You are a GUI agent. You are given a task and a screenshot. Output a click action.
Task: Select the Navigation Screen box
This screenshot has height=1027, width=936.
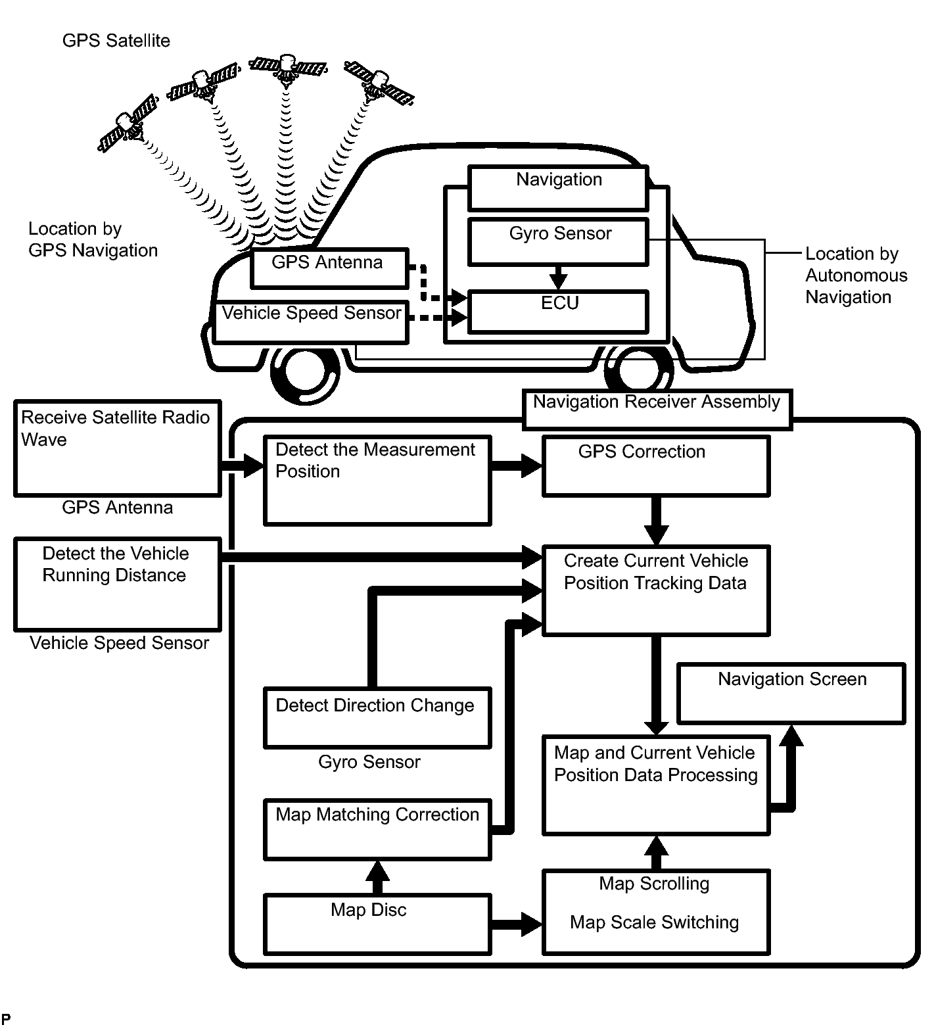(x=791, y=693)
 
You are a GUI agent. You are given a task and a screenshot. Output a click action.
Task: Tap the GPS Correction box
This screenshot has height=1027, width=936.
(x=655, y=467)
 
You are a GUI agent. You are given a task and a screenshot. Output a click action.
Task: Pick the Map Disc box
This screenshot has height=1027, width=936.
(x=377, y=923)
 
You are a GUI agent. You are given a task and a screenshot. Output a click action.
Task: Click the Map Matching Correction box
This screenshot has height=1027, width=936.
(x=377, y=829)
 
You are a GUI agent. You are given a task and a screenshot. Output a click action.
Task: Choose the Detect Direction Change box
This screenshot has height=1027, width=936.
(x=377, y=717)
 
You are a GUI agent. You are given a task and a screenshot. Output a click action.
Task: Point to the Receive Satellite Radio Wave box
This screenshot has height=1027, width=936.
(x=117, y=448)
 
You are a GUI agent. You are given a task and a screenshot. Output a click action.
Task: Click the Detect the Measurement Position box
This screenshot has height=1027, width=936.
(x=377, y=481)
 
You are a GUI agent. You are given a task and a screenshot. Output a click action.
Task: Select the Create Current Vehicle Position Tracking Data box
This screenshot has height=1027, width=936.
(x=655, y=590)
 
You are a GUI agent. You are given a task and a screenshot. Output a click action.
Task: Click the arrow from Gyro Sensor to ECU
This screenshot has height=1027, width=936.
(x=558, y=277)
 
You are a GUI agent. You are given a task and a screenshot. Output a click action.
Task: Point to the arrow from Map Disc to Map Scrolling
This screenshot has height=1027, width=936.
(x=517, y=923)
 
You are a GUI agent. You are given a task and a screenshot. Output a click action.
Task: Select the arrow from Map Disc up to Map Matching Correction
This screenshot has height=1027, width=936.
(x=377, y=876)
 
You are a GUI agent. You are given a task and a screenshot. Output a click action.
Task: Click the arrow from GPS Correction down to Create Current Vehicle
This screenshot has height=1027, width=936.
(x=655, y=521)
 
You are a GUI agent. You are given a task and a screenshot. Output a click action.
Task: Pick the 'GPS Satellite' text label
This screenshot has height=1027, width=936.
(x=116, y=41)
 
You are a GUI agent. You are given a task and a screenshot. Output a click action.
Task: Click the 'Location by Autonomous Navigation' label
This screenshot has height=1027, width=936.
(x=856, y=275)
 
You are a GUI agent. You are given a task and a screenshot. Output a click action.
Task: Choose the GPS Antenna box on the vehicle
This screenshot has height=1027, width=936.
(x=329, y=268)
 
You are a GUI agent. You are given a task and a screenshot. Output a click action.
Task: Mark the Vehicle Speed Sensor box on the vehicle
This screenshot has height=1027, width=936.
(x=311, y=322)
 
